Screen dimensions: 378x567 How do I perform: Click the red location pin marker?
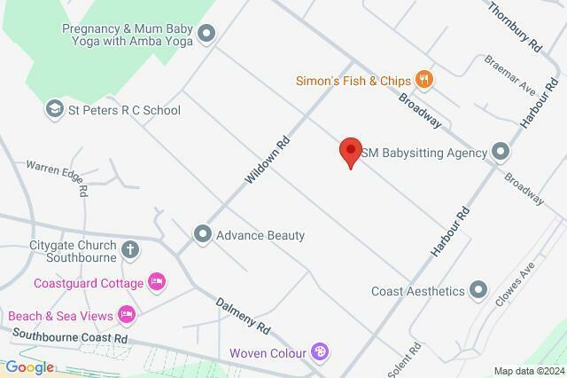coord(351,152)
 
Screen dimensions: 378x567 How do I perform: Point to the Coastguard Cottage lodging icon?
coord(156,282)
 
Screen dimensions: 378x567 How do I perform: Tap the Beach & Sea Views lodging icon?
coord(127,315)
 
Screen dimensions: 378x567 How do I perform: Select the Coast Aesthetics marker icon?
coord(478,290)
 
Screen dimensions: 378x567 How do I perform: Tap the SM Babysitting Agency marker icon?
coord(501,153)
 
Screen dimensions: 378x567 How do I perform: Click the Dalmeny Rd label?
coord(243,314)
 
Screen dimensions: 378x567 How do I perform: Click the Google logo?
coord(29,367)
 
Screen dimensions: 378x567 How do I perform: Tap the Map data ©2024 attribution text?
coord(528,371)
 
